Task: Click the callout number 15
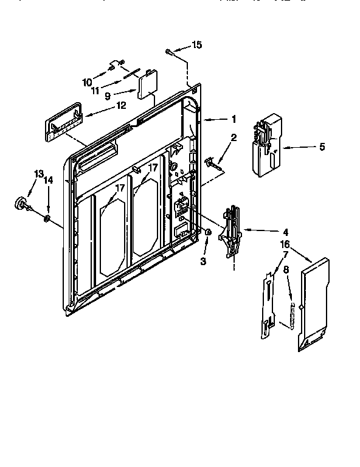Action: point(196,44)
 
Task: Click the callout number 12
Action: point(121,105)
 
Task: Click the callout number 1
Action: point(232,119)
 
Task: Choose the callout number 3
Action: point(204,260)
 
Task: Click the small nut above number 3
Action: point(209,232)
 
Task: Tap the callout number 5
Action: point(322,146)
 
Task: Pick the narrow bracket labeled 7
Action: point(267,304)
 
